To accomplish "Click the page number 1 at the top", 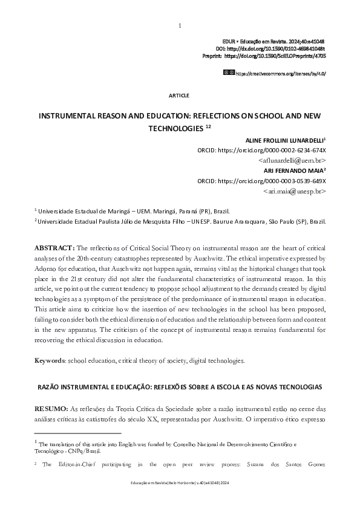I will [180, 25].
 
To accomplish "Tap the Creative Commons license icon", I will [228, 72].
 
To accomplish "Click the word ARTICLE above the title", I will [180, 95].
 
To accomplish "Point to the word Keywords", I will [50, 361].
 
